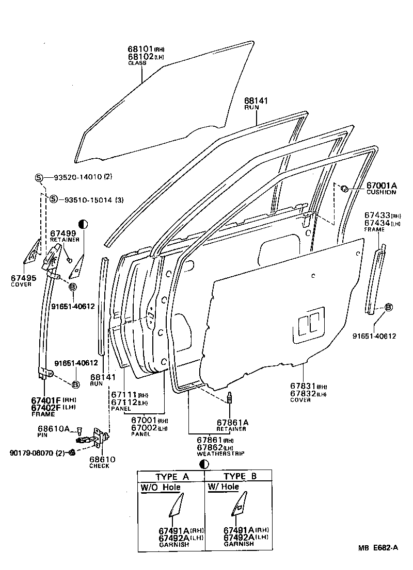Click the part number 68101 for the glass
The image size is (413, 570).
[x=140, y=49]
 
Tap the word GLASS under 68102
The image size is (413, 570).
[x=137, y=63]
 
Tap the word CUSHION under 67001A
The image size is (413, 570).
[x=382, y=192]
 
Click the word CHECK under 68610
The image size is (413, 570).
[x=99, y=466]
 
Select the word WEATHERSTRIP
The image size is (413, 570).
[x=220, y=453]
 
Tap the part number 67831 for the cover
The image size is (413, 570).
[x=302, y=387]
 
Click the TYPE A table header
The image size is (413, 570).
[x=172, y=476]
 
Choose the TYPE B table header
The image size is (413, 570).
[x=239, y=476]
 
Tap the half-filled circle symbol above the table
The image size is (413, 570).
[x=204, y=464]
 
